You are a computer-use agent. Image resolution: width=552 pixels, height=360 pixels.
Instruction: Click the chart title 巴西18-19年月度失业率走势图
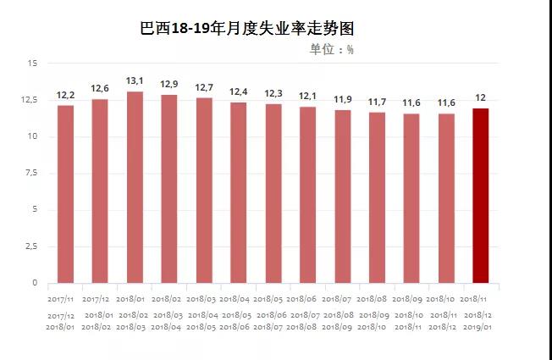[x=246, y=28]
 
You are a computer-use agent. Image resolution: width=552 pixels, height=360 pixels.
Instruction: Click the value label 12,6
[x=100, y=88]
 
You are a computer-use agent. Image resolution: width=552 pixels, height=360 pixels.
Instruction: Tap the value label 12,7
[x=204, y=87]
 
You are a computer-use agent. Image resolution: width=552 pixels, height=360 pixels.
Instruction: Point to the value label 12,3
[x=273, y=93]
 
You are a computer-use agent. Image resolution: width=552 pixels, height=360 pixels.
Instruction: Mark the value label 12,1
[x=308, y=96]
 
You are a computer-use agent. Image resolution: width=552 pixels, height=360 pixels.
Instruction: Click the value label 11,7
[x=377, y=102]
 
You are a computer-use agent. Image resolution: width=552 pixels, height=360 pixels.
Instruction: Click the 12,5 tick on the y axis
[x=30, y=100]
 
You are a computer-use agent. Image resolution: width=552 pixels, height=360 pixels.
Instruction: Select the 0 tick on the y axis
[x=35, y=283]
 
